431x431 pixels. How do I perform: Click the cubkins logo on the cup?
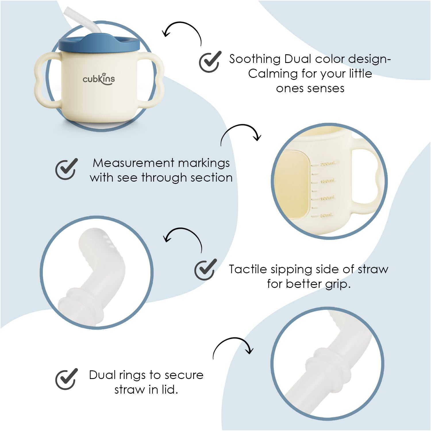tap(99, 79)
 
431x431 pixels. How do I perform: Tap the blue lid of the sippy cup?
tap(99, 43)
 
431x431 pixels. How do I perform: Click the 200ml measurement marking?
tap(327, 164)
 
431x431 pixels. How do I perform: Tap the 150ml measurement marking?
tap(328, 181)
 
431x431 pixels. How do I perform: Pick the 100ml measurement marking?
tap(327, 198)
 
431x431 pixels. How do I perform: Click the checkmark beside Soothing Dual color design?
tap(210, 62)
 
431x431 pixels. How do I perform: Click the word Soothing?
tap(255, 59)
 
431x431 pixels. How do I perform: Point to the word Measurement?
tap(134, 163)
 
